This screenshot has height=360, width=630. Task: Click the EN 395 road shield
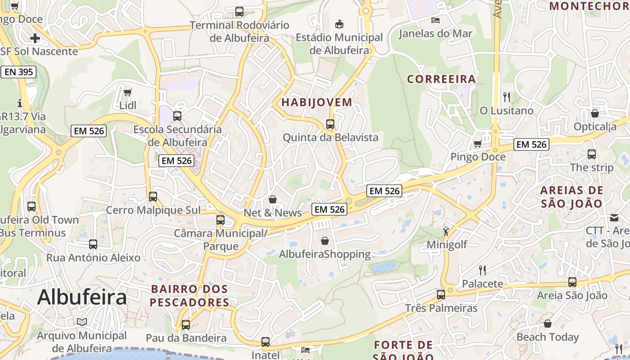click(x=18, y=72)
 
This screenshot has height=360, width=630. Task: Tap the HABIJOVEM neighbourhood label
click(x=317, y=102)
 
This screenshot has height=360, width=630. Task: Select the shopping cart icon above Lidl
click(x=128, y=92)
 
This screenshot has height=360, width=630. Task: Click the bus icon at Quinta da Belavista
click(x=330, y=124)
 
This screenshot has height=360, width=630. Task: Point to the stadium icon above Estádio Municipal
click(x=339, y=23)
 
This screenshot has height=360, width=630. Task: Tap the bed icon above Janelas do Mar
click(x=435, y=20)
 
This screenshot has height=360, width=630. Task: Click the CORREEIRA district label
click(x=441, y=79)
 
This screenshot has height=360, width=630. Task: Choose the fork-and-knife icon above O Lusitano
click(x=507, y=97)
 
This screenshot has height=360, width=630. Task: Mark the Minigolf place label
click(x=447, y=244)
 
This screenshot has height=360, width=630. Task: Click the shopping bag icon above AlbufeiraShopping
click(x=325, y=241)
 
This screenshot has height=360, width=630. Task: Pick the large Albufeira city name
click(x=82, y=297)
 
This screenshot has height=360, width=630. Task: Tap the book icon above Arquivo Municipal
click(x=82, y=322)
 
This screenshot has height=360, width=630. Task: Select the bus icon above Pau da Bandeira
click(x=186, y=324)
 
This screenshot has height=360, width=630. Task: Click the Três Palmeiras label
click(x=441, y=308)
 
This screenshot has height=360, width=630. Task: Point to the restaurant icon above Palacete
click(x=482, y=270)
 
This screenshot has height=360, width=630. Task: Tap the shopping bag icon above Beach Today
click(x=548, y=324)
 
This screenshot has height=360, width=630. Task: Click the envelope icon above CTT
click(x=614, y=218)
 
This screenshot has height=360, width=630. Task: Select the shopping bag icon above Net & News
click(x=273, y=199)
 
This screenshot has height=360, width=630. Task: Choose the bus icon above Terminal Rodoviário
click(x=239, y=12)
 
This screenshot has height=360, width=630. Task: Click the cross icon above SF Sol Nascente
click(x=35, y=38)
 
